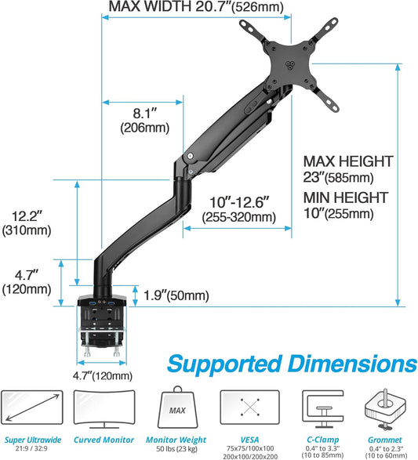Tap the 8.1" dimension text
click(x=139, y=112)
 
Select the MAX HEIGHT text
click(x=347, y=161)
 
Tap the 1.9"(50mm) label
click(x=177, y=295)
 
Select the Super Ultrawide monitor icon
click(x=32, y=408)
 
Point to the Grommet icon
click(x=387, y=408)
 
